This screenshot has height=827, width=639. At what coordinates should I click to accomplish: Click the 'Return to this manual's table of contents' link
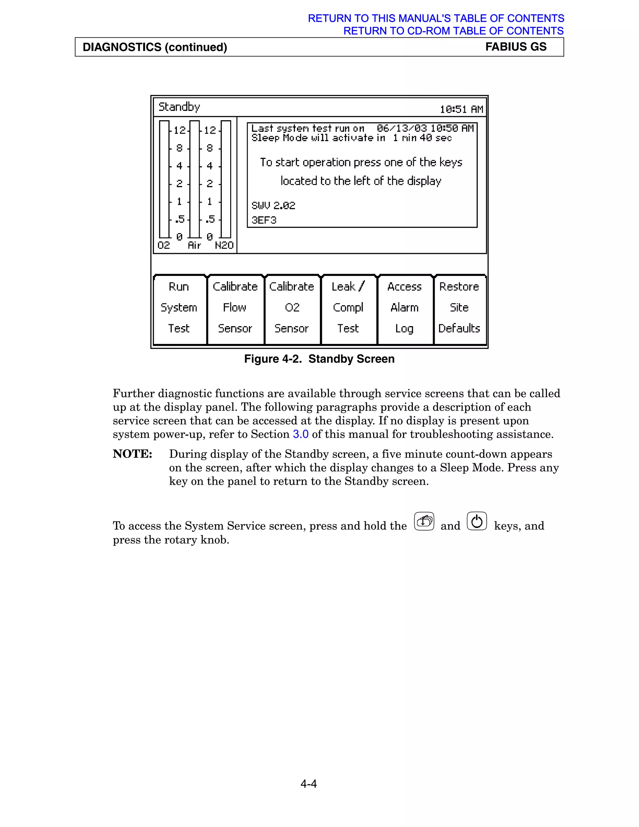pyautogui.click(x=436, y=18)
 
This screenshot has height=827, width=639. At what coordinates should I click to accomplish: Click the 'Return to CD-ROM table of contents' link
pyautogui.click(x=453, y=31)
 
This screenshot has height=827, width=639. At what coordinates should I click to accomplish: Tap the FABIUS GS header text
pyautogui.click(x=515, y=46)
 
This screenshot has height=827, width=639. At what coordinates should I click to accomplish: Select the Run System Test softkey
pyautogui.click(x=179, y=307)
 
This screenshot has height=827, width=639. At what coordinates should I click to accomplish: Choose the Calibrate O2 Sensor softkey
pyautogui.click(x=291, y=307)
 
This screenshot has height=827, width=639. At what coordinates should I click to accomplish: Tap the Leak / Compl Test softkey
pyautogui.click(x=348, y=307)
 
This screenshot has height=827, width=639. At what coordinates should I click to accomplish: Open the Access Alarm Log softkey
pyautogui.click(x=404, y=307)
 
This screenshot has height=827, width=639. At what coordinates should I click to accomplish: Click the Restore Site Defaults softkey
pyautogui.click(x=459, y=307)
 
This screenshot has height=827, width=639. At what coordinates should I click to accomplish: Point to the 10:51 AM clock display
pyautogui.click(x=461, y=110)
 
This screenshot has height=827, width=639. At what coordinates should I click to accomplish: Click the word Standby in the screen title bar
pyautogui.click(x=179, y=107)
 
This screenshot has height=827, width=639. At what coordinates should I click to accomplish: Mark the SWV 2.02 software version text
pyautogui.click(x=273, y=206)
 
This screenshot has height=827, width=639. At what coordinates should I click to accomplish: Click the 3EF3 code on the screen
pyautogui.click(x=264, y=220)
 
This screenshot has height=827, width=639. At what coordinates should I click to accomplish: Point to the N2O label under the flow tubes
pyautogui.click(x=224, y=245)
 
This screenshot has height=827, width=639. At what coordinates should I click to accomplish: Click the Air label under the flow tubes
pyautogui.click(x=194, y=245)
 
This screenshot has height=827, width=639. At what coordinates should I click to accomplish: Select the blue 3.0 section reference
pyautogui.click(x=300, y=434)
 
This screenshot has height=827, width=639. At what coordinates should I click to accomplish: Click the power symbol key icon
pyautogui.click(x=477, y=521)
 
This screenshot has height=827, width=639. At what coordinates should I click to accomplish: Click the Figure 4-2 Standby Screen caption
pyautogui.click(x=319, y=359)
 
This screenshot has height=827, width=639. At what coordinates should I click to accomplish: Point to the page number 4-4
pyautogui.click(x=309, y=783)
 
